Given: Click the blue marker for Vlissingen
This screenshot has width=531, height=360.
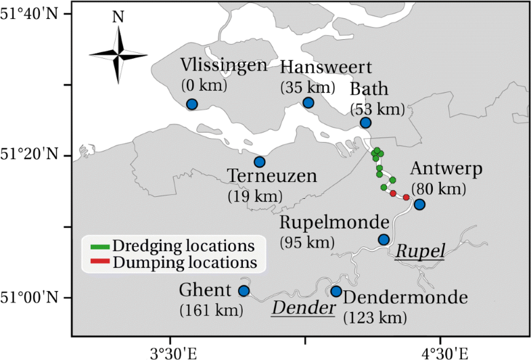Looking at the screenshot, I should pyautogui.click(x=192, y=104).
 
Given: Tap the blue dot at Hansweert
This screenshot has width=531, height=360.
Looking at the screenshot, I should pyautogui.click(x=308, y=103).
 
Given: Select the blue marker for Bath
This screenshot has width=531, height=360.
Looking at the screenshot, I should pyautogui.click(x=366, y=122).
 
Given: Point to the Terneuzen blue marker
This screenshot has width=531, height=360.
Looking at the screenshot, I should pyautogui.click(x=260, y=162).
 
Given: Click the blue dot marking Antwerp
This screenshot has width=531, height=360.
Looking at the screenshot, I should pyautogui.click(x=419, y=204).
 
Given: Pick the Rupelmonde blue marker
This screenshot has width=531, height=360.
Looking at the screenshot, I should pyautogui.click(x=384, y=240).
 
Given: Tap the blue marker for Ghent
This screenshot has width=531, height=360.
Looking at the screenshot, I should pyautogui.click(x=244, y=291).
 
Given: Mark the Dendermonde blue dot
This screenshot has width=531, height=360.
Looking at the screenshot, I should pyautogui.click(x=336, y=292).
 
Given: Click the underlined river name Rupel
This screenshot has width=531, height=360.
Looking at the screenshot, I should pyautogui.click(x=420, y=252).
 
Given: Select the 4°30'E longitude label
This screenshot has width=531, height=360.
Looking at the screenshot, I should pyautogui.click(x=440, y=351).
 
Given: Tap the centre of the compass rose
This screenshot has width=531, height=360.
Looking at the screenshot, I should pyautogui.click(x=118, y=54).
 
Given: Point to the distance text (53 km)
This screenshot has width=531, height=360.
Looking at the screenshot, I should pyautogui.click(x=377, y=110).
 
